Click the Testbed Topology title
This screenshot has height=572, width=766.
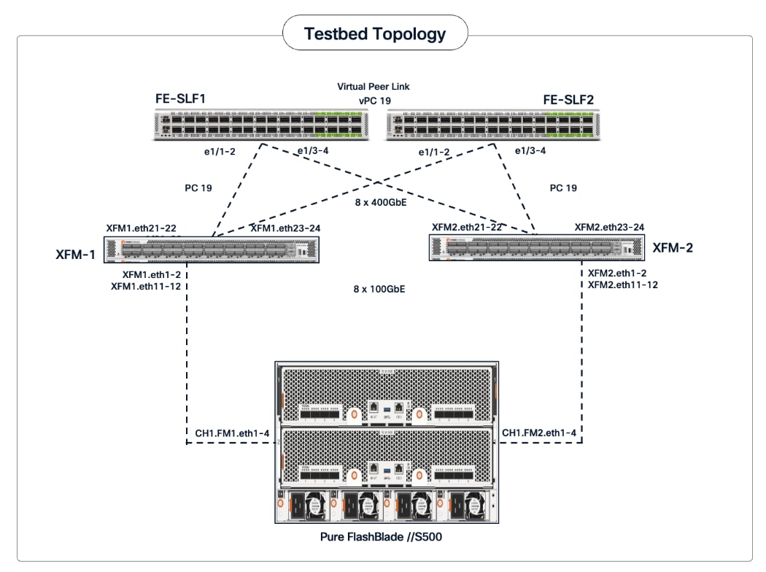pyautogui.click(x=375, y=34)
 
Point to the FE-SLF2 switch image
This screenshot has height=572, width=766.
pyautogui.click(x=491, y=125)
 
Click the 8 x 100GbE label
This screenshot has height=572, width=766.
pyautogui.click(x=378, y=289)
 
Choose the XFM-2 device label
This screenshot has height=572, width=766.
pyautogui.click(x=672, y=247)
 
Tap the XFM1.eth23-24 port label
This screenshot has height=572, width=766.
pyautogui.click(x=285, y=228)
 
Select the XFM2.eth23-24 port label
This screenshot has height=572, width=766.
pyautogui.click(x=608, y=228)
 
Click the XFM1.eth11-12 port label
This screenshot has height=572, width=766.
pyautogui.click(x=146, y=287)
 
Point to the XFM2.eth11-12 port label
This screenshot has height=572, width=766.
pyautogui.click(x=622, y=285)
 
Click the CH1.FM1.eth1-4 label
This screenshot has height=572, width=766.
pyautogui.click(x=232, y=433)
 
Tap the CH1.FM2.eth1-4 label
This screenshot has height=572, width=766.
pyautogui.click(x=539, y=433)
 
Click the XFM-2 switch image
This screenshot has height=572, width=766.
pyautogui.click(x=536, y=248)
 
